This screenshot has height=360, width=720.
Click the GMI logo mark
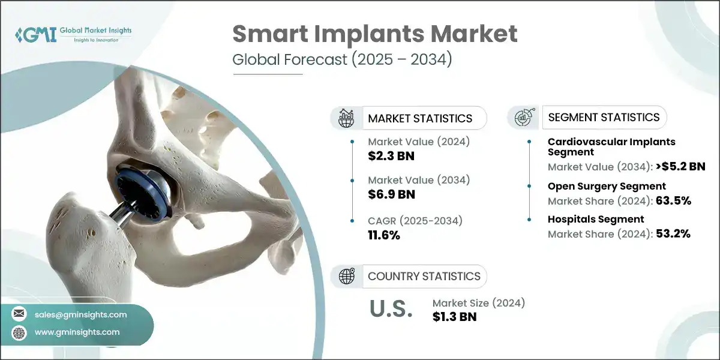[35, 34]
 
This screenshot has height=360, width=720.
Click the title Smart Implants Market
[374, 34]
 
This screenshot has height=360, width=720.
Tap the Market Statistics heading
[420, 118]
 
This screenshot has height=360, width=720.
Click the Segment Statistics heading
[604, 118]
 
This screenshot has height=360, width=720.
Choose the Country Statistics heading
[424, 277]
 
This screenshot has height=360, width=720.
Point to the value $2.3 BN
[391, 156]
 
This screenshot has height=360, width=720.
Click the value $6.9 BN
[391, 194]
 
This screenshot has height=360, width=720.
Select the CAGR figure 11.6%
[384, 235]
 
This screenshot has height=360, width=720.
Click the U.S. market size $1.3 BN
[454, 317]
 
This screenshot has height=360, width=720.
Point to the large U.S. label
[390, 310]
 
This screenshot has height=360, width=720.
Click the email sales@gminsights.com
[81, 314]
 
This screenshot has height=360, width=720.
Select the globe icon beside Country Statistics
[347, 277]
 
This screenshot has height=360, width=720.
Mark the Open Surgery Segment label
[607, 186]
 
